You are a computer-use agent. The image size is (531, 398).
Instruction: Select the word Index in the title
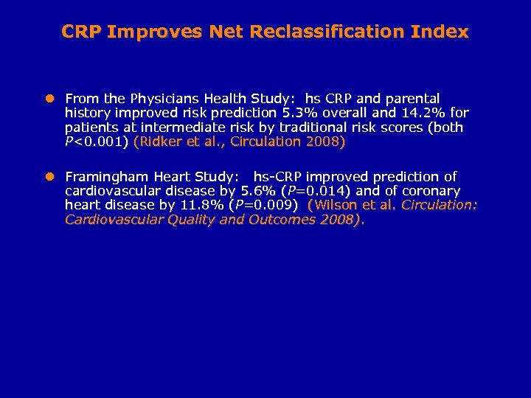pos(440,32)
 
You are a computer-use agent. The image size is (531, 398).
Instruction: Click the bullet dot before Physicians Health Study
pos(50,98)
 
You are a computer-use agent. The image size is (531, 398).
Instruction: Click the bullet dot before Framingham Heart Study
pos(50,177)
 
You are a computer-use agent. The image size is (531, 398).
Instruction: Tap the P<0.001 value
pos(95,142)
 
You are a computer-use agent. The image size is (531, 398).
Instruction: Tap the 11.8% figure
pos(201,205)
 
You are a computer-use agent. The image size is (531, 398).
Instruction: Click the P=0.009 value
pos(263,205)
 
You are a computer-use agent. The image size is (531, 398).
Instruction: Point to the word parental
pos(410,99)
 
